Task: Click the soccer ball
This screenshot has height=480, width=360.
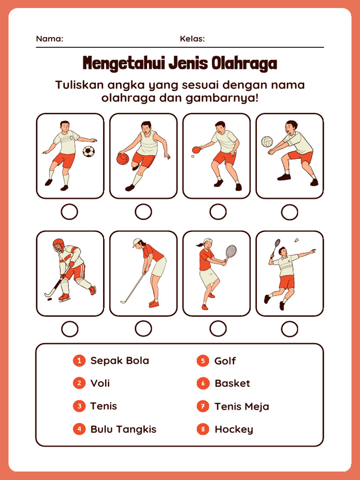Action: (89, 151)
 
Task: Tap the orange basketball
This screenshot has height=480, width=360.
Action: (123, 159)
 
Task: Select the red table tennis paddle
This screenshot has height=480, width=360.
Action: (196, 150)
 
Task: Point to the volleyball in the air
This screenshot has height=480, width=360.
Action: (267, 142)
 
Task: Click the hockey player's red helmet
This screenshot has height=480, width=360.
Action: (58, 245)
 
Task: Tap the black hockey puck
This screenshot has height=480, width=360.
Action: (49, 300)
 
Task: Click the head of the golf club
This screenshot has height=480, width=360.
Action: (123, 302)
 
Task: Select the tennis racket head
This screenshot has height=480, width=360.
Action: (231, 251)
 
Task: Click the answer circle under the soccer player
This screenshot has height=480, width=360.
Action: (69, 212)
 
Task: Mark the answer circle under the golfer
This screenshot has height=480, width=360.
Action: (143, 329)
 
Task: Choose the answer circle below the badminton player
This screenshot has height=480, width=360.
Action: (289, 329)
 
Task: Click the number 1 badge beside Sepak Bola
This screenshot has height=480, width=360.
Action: (79, 360)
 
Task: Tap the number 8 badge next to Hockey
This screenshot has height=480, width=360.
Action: (202, 429)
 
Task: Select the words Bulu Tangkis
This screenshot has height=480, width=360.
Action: (123, 429)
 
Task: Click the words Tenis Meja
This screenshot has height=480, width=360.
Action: (242, 406)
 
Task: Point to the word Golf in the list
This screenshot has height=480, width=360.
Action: (225, 360)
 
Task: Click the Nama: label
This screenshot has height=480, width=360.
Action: (50, 39)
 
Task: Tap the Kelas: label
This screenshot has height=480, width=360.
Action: (192, 39)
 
